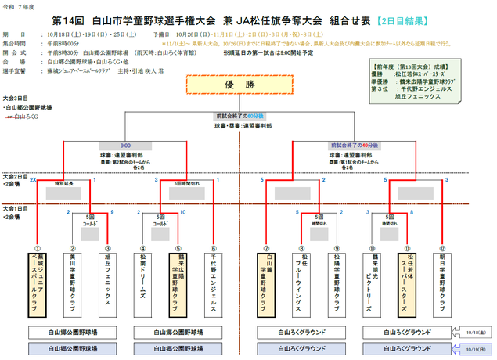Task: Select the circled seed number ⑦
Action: [x=266, y=247]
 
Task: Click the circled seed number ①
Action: [x=35, y=247]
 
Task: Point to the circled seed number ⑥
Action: [x=214, y=247]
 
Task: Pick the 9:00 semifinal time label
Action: [x=126, y=145]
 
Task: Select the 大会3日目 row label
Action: [x=16, y=98]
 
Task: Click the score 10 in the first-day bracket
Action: [x=182, y=212]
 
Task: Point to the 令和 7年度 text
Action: [x=17, y=6]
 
